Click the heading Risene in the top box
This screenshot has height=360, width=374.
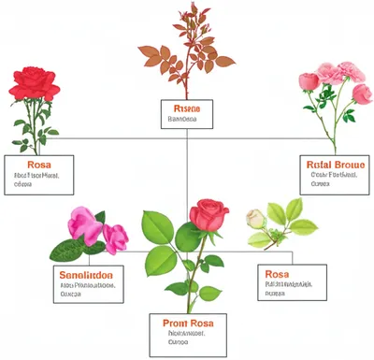pyautogui.click(x=187, y=108)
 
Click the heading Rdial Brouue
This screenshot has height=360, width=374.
pyautogui.click(x=332, y=163)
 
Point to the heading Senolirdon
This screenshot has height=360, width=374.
pyautogui.click(x=86, y=274)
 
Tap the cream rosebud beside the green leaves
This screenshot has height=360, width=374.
pyautogui.click(x=254, y=219)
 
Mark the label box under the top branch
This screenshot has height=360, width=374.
pyautogui.click(x=187, y=113)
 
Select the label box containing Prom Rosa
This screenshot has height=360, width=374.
pyautogui.click(x=187, y=329)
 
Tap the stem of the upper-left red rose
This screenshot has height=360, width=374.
pyautogui.click(x=36, y=122)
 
